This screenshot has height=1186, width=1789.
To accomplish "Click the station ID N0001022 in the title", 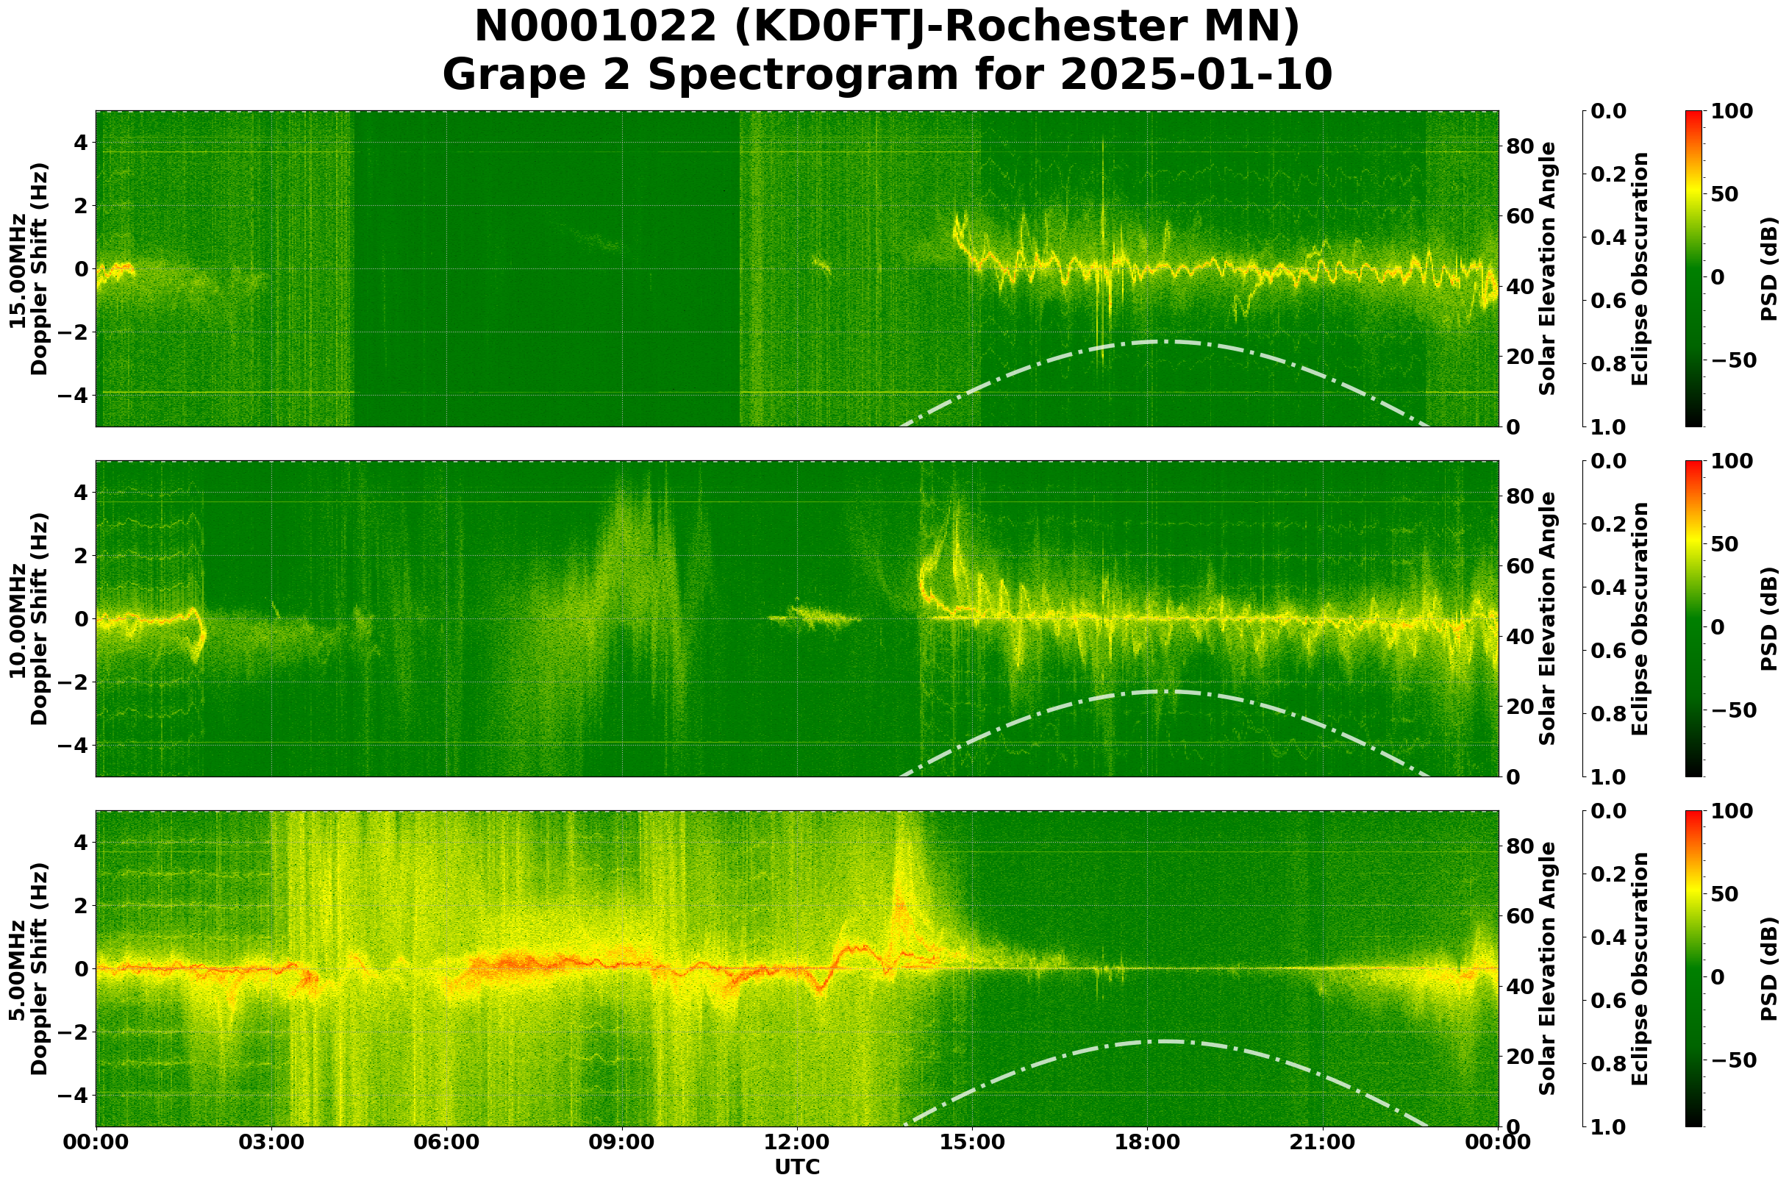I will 596,27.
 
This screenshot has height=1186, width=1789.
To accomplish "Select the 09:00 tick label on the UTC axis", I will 622,1142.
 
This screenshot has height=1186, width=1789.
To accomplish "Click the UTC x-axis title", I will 796,1167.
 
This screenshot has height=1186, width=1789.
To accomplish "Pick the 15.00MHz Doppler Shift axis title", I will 29,268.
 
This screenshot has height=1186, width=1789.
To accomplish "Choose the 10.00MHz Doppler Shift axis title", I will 29,618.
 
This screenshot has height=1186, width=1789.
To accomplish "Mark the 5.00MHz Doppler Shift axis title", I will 29,969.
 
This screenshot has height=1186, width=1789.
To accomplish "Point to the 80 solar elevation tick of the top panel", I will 1518,146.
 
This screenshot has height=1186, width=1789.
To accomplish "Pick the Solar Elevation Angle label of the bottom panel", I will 1548,969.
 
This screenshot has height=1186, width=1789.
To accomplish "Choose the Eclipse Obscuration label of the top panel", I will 1639,268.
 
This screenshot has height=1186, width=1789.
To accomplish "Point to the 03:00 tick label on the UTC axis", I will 271,1142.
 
